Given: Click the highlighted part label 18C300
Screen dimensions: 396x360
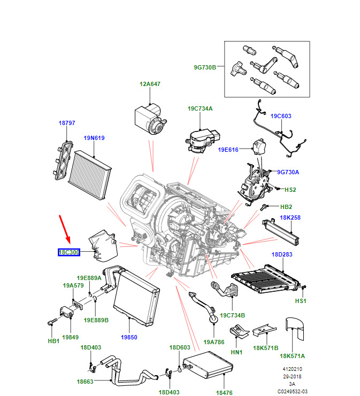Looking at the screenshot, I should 68,252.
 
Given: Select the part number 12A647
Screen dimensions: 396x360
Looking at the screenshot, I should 150,84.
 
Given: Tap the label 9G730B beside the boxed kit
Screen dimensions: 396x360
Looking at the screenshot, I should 205,67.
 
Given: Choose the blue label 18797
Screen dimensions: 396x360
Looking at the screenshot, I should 67,123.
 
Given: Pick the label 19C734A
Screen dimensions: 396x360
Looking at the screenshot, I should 200,108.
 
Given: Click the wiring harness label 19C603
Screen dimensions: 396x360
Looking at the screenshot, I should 281,116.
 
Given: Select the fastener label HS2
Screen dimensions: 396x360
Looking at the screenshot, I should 290,189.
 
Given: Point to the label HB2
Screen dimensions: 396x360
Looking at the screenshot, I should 286,206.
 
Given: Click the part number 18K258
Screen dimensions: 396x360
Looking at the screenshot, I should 290,218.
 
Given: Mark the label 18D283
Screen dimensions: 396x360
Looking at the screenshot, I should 282,254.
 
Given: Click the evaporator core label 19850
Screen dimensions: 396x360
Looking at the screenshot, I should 129,337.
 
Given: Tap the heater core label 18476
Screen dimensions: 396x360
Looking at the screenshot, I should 225,393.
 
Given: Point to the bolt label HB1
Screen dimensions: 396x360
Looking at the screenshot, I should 53,340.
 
